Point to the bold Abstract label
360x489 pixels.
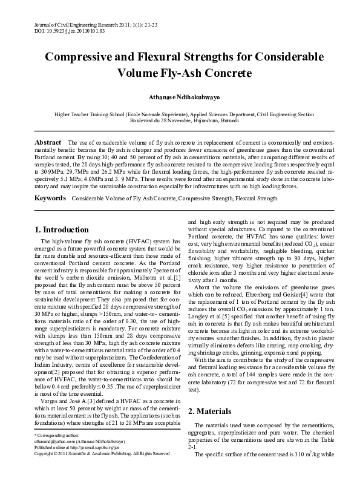pyautogui.click(x=47, y=141)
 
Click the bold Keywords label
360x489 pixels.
pyautogui.click(x=50, y=181)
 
